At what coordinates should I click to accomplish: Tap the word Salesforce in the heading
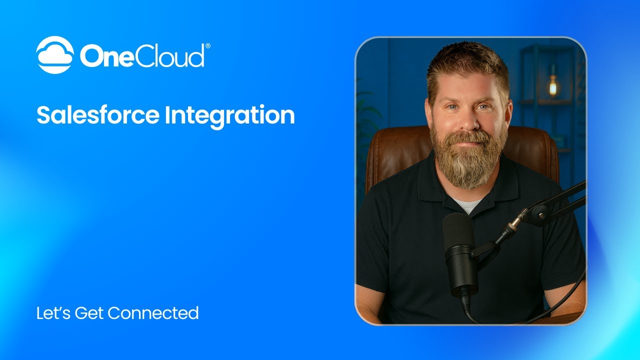[97, 115]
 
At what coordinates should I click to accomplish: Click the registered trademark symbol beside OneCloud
[207, 46]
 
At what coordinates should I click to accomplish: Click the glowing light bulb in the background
[552, 87]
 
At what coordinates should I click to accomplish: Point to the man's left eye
[483, 106]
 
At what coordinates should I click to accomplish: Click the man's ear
[508, 112]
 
